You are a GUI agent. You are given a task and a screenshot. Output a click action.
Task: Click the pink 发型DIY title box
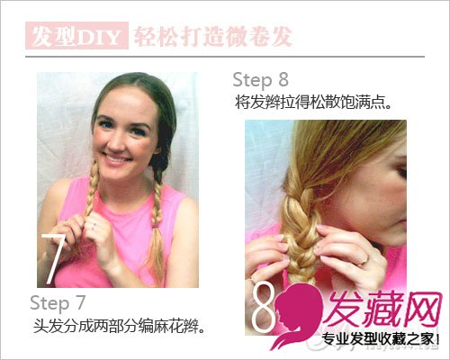click(x=76, y=35)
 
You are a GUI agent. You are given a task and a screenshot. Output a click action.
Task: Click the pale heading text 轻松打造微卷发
click(x=212, y=37)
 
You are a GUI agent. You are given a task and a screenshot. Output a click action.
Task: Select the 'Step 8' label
click(x=260, y=80)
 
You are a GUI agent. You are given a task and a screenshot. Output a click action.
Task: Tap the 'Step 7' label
click(x=58, y=303)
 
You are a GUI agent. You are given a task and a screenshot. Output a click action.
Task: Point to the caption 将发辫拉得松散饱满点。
click(x=313, y=103)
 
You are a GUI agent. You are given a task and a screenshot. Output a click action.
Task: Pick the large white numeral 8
click(x=264, y=307)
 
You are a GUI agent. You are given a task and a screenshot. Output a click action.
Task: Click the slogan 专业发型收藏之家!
click(x=381, y=339)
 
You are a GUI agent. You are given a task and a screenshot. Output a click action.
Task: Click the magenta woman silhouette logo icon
click(x=297, y=315)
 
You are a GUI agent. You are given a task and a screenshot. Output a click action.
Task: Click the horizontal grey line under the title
click(x=225, y=57)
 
